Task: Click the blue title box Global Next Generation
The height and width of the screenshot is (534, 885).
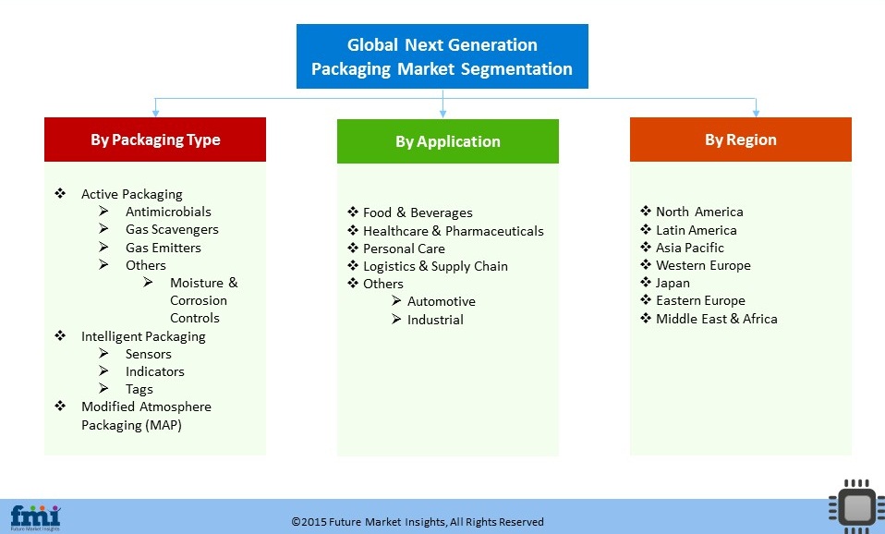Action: pos(442,56)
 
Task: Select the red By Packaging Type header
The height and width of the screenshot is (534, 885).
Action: pos(155,140)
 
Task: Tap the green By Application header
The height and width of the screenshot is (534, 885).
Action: pos(447,141)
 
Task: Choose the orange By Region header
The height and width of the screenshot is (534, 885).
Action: pos(741,140)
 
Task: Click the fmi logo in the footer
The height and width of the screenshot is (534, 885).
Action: pos(35,517)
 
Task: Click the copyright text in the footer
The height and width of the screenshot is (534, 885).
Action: pos(418,522)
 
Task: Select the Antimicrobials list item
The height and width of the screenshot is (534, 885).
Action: pos(168,212)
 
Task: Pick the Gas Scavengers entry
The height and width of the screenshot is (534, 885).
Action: pos(172,229)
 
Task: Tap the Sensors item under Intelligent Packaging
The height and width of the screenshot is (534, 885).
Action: pos(149,354)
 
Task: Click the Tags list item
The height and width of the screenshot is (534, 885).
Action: pos(139,390)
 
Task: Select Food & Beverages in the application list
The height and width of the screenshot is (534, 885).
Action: pos(418,212)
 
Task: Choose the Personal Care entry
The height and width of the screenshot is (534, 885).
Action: pos(404,249)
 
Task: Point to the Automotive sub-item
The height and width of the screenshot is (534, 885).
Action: pos(442,301)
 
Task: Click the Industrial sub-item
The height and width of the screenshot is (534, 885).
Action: pos(435,320)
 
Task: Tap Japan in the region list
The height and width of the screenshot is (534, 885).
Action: pos(673,284)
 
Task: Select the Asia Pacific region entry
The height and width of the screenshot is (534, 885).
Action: pos(690,248)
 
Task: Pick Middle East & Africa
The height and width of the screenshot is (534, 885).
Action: pos(716,319)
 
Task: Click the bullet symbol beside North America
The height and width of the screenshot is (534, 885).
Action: pos(646,212)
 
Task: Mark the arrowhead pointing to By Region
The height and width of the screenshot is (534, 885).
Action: pos(756,114)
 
